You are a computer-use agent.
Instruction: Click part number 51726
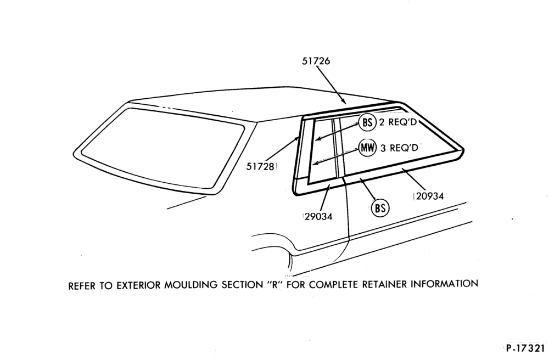coord(316,61)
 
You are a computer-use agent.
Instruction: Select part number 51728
coord(260,166)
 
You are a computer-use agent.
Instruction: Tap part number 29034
coord(318,217)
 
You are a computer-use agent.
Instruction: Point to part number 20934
coord(430,196)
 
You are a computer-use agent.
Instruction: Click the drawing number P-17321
coord(525,348)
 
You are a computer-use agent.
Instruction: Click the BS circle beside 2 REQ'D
coord(367,123)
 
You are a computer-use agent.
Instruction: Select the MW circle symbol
coord(367,148)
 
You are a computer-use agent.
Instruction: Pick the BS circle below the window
coord(380,208)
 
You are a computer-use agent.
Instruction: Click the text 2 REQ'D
coord(398,123)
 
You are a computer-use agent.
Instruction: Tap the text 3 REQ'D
coord(400,148)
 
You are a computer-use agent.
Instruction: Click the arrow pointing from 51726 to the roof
coord(331,85)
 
